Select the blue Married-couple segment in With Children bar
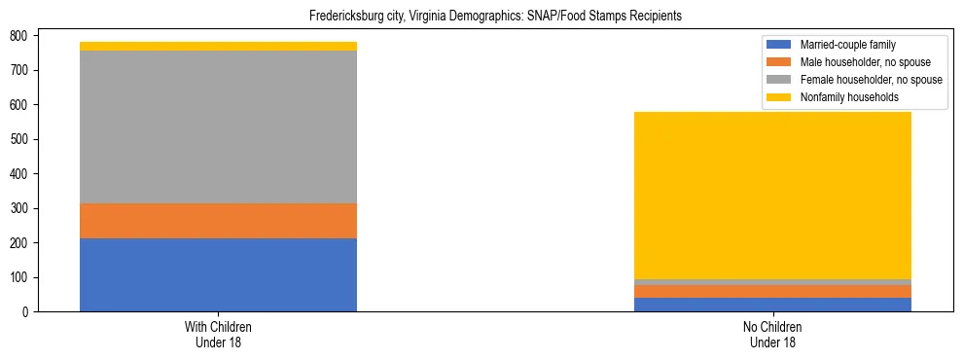[218, 274]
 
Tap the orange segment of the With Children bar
[218, 221]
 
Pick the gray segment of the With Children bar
[218, 126]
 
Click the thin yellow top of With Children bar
[218, 46]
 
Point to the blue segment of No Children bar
[772, 305]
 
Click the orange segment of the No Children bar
[772, 291]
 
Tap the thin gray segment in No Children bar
[772, 282]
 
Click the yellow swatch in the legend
[779, 97]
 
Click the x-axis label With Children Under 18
[218, 335]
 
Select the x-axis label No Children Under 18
[772, 335]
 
